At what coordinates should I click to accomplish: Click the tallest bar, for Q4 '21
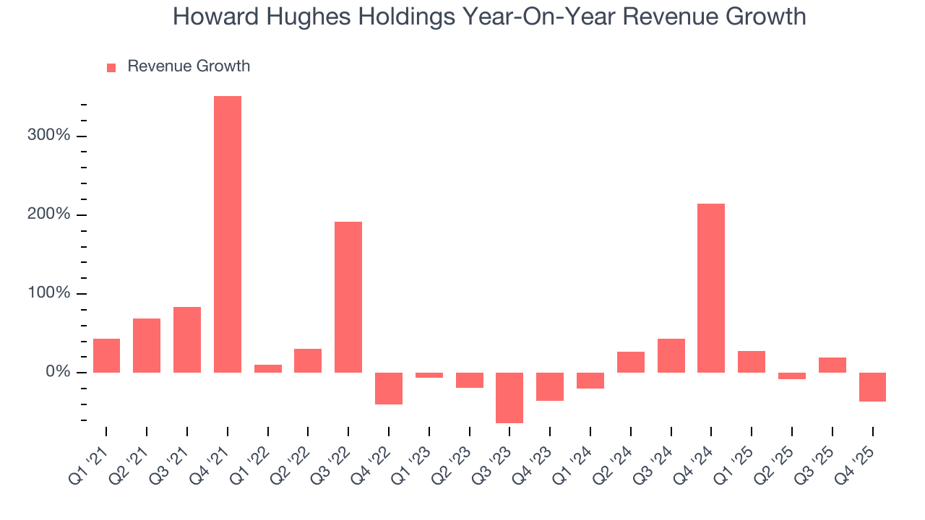click(228, 234)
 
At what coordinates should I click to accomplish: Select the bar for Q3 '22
click(348, 297)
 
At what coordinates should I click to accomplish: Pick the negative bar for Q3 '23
click(509, 397)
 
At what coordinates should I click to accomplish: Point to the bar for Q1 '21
click(106, 355)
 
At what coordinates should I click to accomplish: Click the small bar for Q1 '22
click(268, 368)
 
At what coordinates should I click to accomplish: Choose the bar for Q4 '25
click(872, 387)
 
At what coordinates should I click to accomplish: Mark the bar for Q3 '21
click(187, 339)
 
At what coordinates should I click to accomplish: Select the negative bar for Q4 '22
click(389, 388)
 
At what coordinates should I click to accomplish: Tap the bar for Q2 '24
click(631, 362)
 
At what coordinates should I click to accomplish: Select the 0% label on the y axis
click(57, 373)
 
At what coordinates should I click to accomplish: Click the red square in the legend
click(111, 68)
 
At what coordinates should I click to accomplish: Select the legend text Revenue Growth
click(189, 66)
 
